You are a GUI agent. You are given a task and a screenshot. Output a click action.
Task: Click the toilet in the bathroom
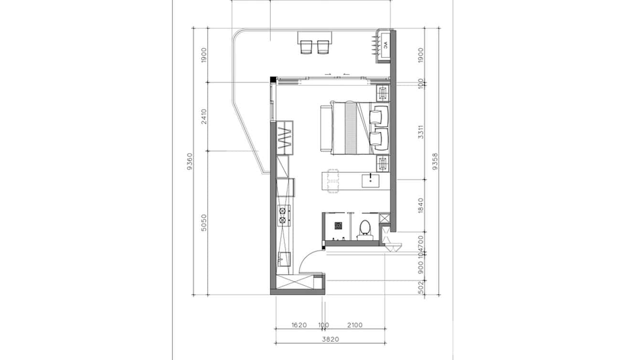365,228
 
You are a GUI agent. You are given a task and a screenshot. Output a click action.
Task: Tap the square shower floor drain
339,224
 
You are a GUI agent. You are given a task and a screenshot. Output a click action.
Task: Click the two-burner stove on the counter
283,215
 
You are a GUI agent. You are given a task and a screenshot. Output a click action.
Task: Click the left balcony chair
306,47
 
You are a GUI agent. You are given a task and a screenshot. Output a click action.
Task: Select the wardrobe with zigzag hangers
285,138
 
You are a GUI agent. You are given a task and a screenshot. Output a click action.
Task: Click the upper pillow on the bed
379,115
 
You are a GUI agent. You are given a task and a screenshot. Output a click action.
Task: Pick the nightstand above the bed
383,91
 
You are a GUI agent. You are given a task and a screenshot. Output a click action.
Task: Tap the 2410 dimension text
204,117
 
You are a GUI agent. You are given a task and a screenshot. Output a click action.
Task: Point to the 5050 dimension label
204,223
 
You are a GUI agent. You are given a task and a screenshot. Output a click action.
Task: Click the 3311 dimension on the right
421,132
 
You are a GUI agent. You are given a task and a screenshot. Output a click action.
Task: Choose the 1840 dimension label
421,205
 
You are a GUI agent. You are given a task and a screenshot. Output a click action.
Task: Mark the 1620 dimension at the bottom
299,325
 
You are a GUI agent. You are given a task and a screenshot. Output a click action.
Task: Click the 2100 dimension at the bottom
354,325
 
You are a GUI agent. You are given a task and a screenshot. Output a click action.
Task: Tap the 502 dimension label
421,287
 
